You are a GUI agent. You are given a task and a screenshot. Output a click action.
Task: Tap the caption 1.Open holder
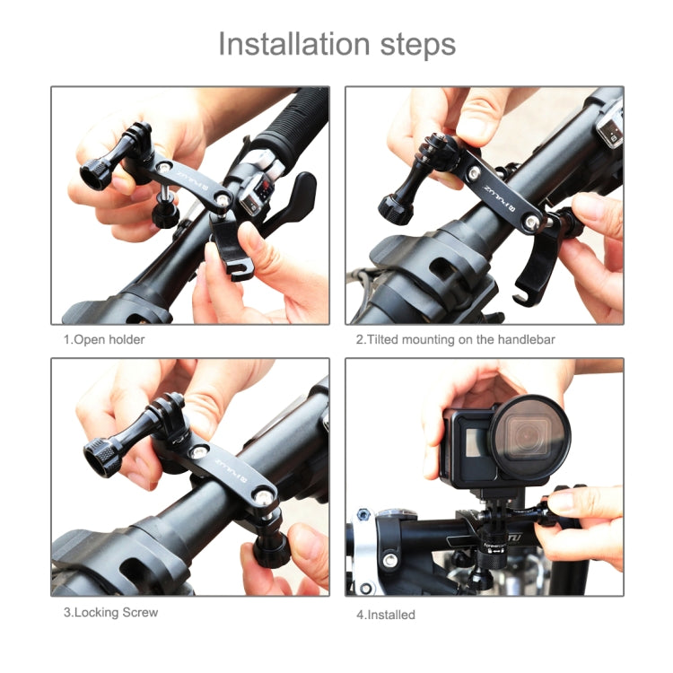tap(103, 339)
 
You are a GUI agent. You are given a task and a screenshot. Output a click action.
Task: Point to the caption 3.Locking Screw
tap(109, 612)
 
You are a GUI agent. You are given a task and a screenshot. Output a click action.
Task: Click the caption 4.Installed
tap(386, 615)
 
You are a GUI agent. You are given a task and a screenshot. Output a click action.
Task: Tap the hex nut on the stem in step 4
tap(364, 515)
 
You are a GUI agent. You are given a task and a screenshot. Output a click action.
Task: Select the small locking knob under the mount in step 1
tap(164, 214)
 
